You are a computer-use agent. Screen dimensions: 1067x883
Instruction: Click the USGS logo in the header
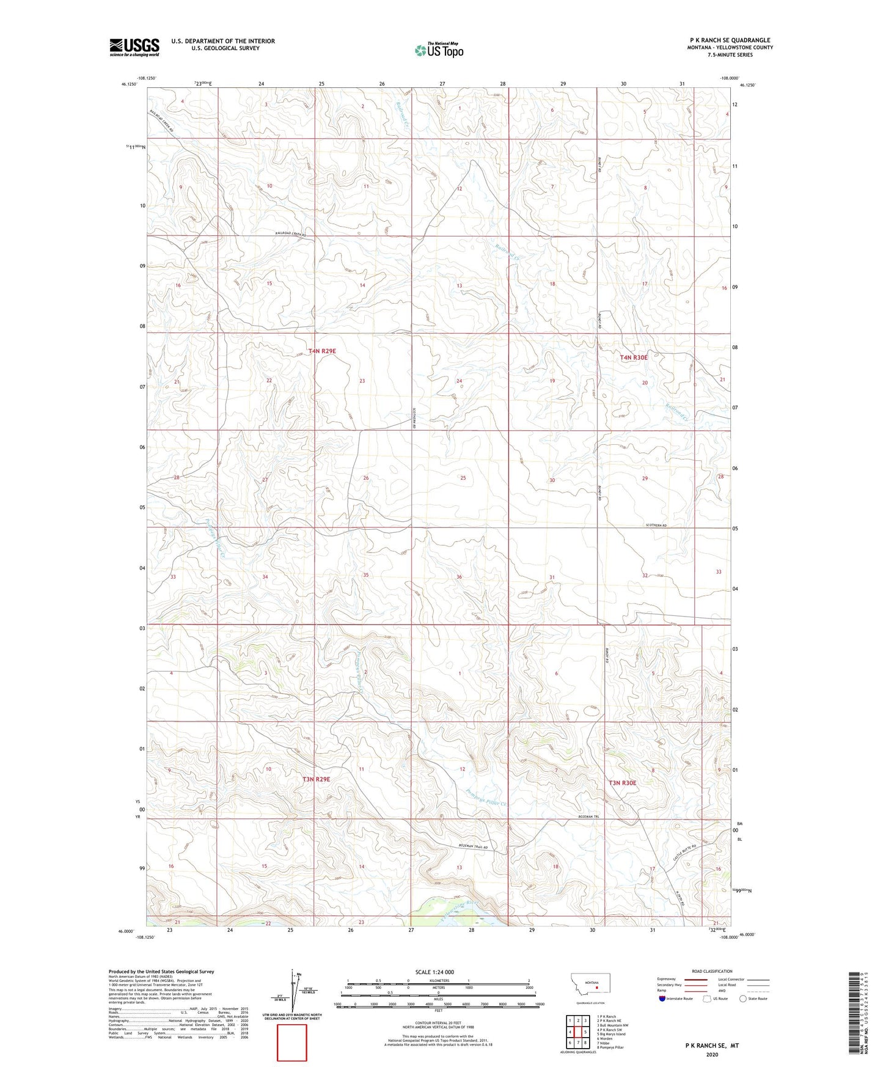134,47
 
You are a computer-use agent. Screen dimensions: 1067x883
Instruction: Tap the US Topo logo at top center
439,50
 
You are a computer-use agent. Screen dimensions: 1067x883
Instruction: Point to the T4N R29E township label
322,351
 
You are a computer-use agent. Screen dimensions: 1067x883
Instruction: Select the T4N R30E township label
633,358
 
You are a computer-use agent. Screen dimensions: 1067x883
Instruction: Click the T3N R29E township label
316,779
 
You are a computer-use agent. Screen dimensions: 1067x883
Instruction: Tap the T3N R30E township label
622,783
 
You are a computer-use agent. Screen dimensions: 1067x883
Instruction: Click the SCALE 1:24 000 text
434,972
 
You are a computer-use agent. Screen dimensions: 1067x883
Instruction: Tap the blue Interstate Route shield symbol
662,999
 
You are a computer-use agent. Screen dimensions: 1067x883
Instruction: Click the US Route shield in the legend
708,999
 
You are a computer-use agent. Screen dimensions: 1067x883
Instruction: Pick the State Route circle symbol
742,999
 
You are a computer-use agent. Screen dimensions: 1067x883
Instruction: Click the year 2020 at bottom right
712,1054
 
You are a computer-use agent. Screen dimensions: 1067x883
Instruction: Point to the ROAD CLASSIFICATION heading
712,971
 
